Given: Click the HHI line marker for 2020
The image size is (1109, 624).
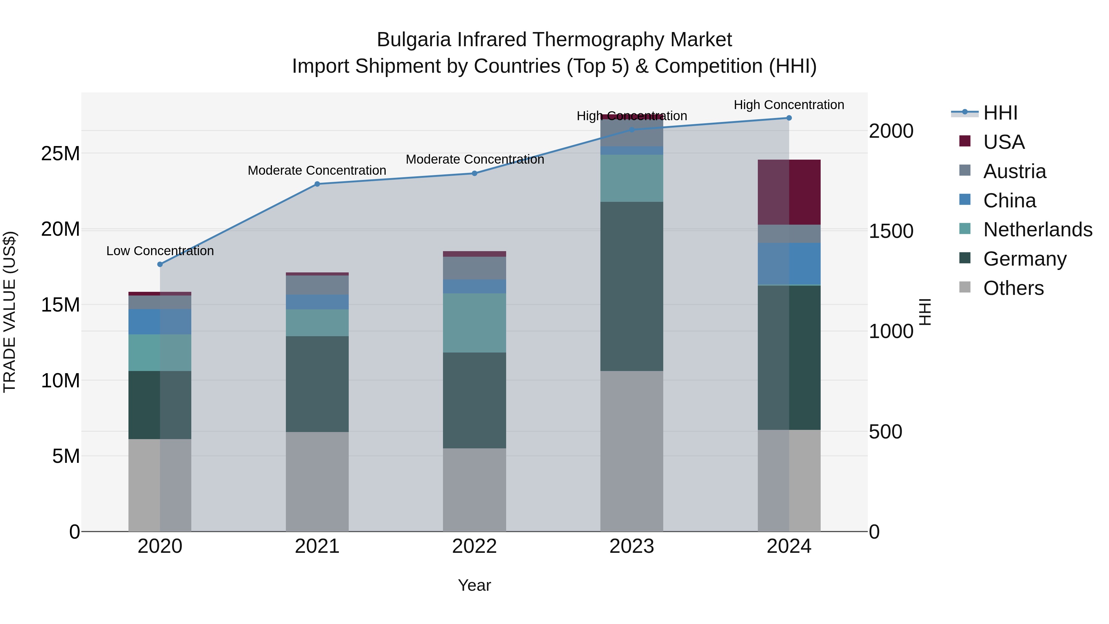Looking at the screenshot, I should coord(160,264).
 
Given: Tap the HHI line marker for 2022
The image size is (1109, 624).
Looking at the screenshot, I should coord(474,173).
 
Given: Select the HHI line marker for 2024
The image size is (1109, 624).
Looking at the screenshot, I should coord(789,118).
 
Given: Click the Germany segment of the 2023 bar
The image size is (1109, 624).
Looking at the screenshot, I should coord(632,286).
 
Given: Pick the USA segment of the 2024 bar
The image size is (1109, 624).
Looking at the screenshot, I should coord(789,192).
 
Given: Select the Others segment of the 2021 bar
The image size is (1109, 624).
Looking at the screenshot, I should coord(317,481).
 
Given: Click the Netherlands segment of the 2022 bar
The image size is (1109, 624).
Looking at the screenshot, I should coord(474,323).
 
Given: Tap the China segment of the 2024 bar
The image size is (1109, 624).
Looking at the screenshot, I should coord(789,263).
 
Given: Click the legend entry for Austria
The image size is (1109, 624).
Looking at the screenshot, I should coord(1014,171).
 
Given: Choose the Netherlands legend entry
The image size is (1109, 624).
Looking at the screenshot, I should coord(1038,230).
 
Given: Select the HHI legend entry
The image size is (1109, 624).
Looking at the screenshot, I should coord(1000,113).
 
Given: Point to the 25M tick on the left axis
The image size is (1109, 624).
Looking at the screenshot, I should coord(60,153).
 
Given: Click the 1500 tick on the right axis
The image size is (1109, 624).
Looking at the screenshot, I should coord(891,231).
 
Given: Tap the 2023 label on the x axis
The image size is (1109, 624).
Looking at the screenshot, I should coord(632,546).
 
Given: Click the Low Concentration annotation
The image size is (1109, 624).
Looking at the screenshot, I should coord(160,251).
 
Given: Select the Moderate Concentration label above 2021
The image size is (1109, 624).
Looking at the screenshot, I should coord(317,170).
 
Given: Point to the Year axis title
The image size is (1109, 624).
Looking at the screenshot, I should coord(474,585).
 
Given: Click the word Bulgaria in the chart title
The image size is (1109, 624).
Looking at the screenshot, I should coord(413,40).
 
